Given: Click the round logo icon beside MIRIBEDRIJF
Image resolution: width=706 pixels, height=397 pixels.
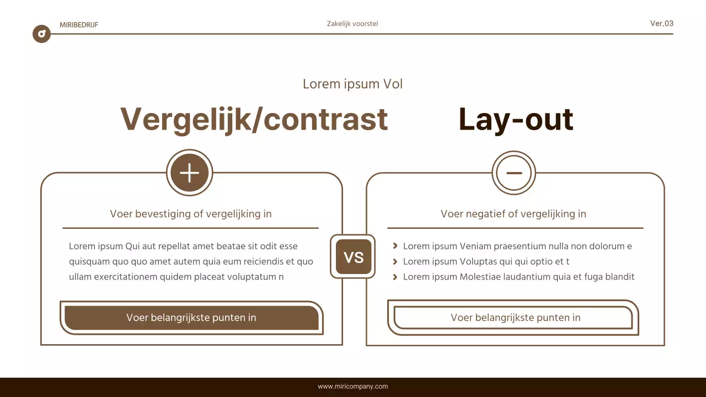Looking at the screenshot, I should tap(41, 34).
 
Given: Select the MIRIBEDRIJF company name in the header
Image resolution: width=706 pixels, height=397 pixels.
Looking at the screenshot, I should tap(79, 25).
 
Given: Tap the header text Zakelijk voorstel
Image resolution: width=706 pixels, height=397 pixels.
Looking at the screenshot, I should tap(352, 24).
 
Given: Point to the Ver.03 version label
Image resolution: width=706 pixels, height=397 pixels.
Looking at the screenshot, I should tap(661, 23).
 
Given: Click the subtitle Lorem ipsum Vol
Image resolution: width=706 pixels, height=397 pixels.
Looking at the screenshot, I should tap(352, 84).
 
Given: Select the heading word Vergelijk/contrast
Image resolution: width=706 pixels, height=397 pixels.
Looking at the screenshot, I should tap(254, 119).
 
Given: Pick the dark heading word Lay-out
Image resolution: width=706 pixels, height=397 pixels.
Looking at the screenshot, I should tap(516, 119).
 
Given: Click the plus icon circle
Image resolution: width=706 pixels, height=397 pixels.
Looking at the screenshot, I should tap(189, 173).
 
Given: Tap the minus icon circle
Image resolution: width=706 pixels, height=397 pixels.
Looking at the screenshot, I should tap(514, 173).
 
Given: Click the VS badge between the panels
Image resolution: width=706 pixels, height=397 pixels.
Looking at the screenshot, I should tap(353, 257).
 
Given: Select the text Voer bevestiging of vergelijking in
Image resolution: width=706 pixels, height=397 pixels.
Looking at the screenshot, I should tap(191, 214).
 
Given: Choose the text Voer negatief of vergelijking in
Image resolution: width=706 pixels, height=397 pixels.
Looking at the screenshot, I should tap(514, 214).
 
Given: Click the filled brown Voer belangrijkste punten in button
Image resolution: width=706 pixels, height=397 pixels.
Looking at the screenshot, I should tap(191, 318).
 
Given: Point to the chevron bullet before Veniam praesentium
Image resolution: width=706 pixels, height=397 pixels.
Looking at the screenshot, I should tap(395, 246).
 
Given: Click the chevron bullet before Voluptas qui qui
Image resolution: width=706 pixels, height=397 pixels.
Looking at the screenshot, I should tap(395, 261).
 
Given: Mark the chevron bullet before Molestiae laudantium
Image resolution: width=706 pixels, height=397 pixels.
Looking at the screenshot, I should tap(395, 277).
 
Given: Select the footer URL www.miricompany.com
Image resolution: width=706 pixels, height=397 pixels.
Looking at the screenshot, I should tap(352, 387).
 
